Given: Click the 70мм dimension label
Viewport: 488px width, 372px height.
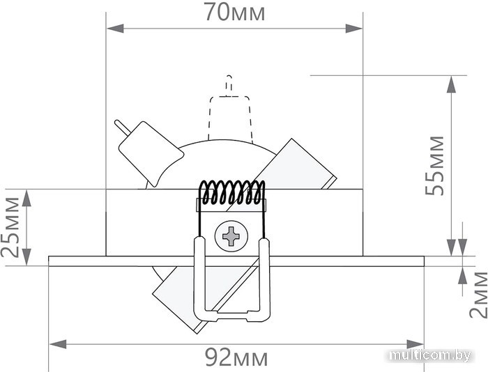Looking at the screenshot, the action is click(235, 13).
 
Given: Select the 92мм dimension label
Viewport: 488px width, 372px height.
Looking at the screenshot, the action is click(236, 357).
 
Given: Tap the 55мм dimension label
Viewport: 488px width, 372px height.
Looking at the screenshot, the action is click(435, 166).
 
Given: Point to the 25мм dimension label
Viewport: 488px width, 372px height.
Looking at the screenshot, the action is click(10, 227).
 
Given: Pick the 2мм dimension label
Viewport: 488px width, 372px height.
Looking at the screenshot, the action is click(479, 295).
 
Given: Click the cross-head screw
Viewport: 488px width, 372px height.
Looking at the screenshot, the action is click(231, 235).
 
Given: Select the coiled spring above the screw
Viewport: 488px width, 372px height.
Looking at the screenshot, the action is click(231, 192).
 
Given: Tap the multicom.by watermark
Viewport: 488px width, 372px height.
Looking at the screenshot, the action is click(430, 355).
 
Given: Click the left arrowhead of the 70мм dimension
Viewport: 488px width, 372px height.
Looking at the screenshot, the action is click(115, 29).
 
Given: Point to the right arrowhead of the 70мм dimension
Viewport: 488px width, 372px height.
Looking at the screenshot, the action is click(354, 29).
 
